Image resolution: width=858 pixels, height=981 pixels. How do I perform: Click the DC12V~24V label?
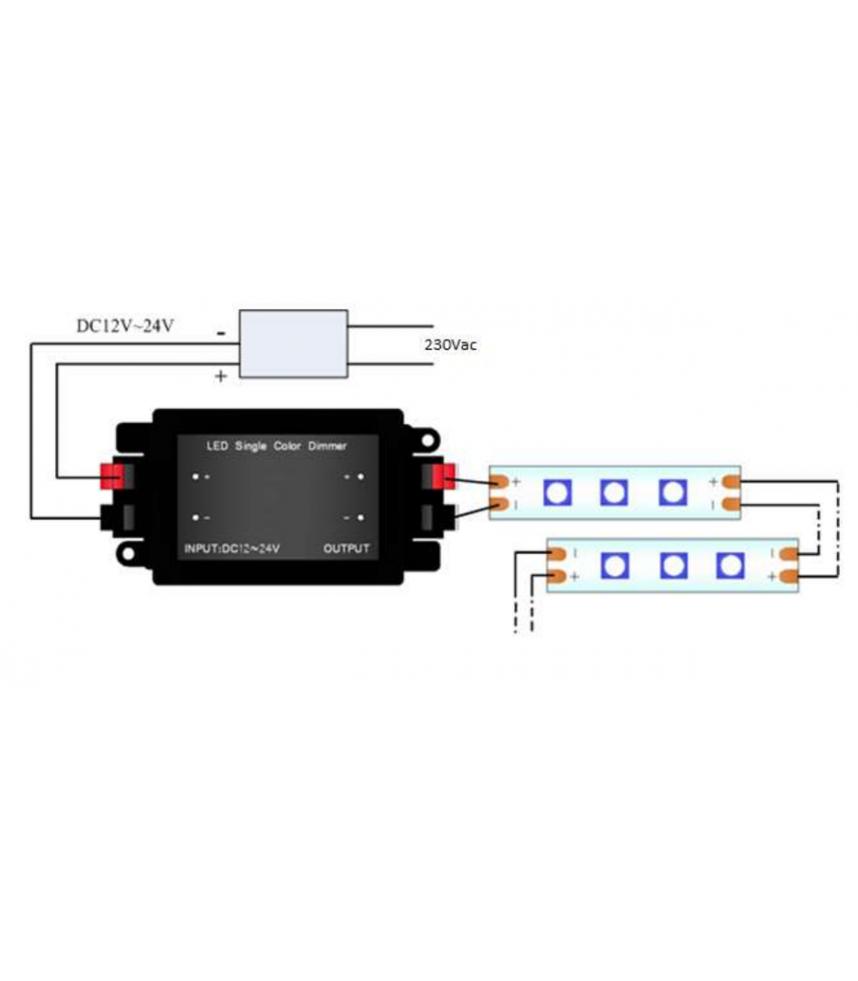click(125, 326)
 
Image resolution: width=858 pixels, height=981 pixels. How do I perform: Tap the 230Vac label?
click(450, 345)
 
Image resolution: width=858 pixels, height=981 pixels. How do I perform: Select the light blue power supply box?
click(293, 344)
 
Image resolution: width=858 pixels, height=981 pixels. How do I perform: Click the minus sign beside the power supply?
click(221, 332)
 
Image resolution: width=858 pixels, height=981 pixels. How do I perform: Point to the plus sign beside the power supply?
click(220, 376)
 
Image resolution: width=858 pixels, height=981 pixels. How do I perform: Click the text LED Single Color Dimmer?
click(276, 446)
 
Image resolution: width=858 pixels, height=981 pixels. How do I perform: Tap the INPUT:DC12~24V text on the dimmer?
click(232, 548)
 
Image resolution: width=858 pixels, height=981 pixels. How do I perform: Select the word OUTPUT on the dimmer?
click(346, 548)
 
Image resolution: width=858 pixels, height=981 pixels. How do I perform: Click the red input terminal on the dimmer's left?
click(112, 476)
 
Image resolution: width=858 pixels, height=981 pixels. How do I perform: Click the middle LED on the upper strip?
click(613, 493)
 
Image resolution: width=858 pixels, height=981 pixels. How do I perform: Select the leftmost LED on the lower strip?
click(614, 566)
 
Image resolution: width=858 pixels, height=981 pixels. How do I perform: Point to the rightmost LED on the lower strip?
click(730, 566)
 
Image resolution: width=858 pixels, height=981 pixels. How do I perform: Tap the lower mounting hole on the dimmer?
click(128, 554)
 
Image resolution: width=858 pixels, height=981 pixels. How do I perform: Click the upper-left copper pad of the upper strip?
click(499, 481)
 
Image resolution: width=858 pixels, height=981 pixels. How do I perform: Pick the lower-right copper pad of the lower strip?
click(789, 576)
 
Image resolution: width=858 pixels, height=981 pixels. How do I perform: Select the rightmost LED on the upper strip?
click(672, 493)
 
